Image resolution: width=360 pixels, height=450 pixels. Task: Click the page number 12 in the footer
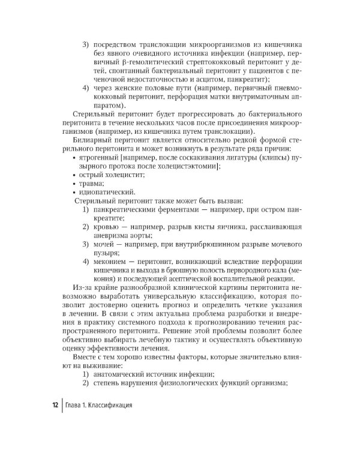pyautogui.click(x=54, y=406)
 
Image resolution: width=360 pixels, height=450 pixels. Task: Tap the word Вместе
pyautogui.click(x=86, y=358)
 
